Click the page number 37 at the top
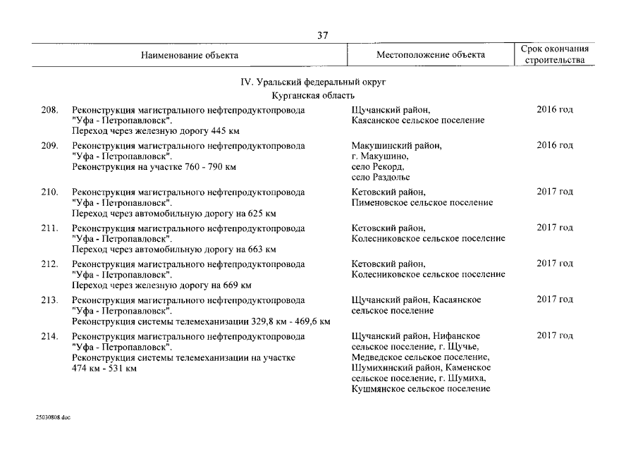322,36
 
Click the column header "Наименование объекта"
189,55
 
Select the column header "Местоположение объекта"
430,55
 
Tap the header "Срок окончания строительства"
554,55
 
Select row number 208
49,110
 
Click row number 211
49,228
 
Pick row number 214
49,336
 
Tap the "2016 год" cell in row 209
555,145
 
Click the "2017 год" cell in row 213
555,299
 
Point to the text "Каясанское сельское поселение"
417,121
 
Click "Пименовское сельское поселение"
422,203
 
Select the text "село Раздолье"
380,178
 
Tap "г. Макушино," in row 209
379,156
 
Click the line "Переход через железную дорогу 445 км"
156,131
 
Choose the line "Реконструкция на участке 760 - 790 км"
154,167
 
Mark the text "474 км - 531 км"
104,369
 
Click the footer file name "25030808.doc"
53,417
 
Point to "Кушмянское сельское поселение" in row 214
420,389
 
